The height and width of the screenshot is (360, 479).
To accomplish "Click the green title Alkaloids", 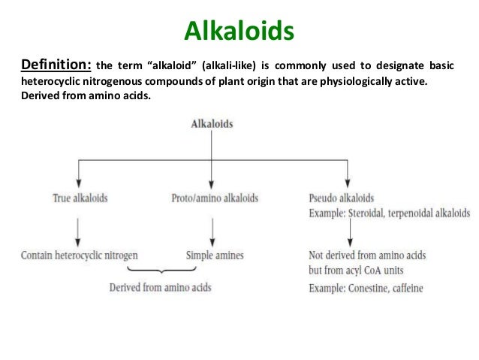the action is coord(239,32).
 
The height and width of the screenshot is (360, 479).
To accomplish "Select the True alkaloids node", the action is coord(80,198).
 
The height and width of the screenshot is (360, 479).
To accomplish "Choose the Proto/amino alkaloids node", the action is coord(215,198).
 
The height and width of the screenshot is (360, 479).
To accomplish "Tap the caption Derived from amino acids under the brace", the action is coord(161,288).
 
